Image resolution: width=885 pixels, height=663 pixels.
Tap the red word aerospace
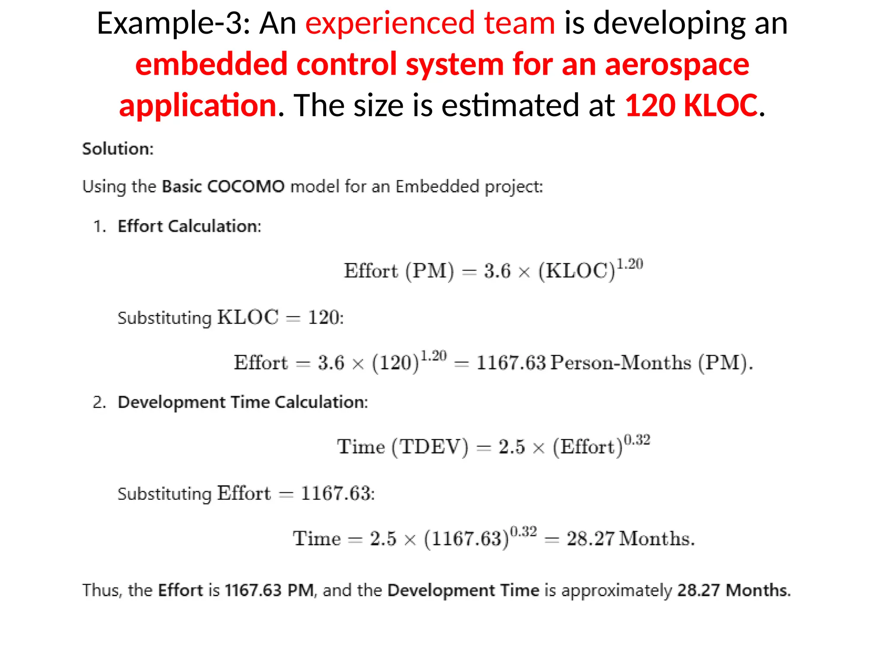coord(677,65)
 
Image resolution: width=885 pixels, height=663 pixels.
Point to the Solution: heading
coord(118,149)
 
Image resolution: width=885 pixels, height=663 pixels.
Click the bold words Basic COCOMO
coord(223,186)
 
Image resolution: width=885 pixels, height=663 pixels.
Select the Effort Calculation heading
coord(189,226)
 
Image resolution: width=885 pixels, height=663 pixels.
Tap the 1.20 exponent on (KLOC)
coord(630,264)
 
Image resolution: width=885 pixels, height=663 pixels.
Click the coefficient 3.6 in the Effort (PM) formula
coord(497,271)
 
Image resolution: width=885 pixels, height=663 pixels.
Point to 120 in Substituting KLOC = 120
coord(324,318)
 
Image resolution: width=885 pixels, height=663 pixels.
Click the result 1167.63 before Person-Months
coord(511,363)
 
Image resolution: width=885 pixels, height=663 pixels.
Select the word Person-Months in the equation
coord(621,363)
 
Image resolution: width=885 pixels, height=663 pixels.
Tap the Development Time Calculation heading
coord(243,402)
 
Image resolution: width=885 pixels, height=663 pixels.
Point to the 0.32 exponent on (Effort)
coord(637,440)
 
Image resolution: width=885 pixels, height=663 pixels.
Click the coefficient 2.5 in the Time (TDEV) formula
coord(512,447)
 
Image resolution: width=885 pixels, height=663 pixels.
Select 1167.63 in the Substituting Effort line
coord(337,493)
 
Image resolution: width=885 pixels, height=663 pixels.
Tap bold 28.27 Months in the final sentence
coord(733,590)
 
